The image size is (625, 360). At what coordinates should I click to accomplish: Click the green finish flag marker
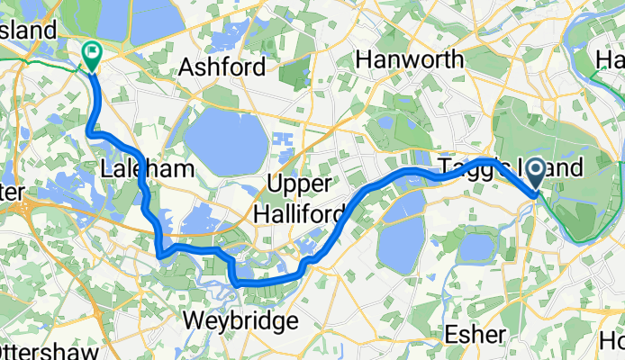pyautogui.click(x=92, y=55)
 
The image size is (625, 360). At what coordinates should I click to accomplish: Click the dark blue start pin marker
pyautogui.click(x=536, y=174)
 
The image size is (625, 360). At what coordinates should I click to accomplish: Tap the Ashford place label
pyautogui.click(x=222, y=67)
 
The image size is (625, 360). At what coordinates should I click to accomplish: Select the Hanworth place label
pyautogui.click(x=410, y=59)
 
